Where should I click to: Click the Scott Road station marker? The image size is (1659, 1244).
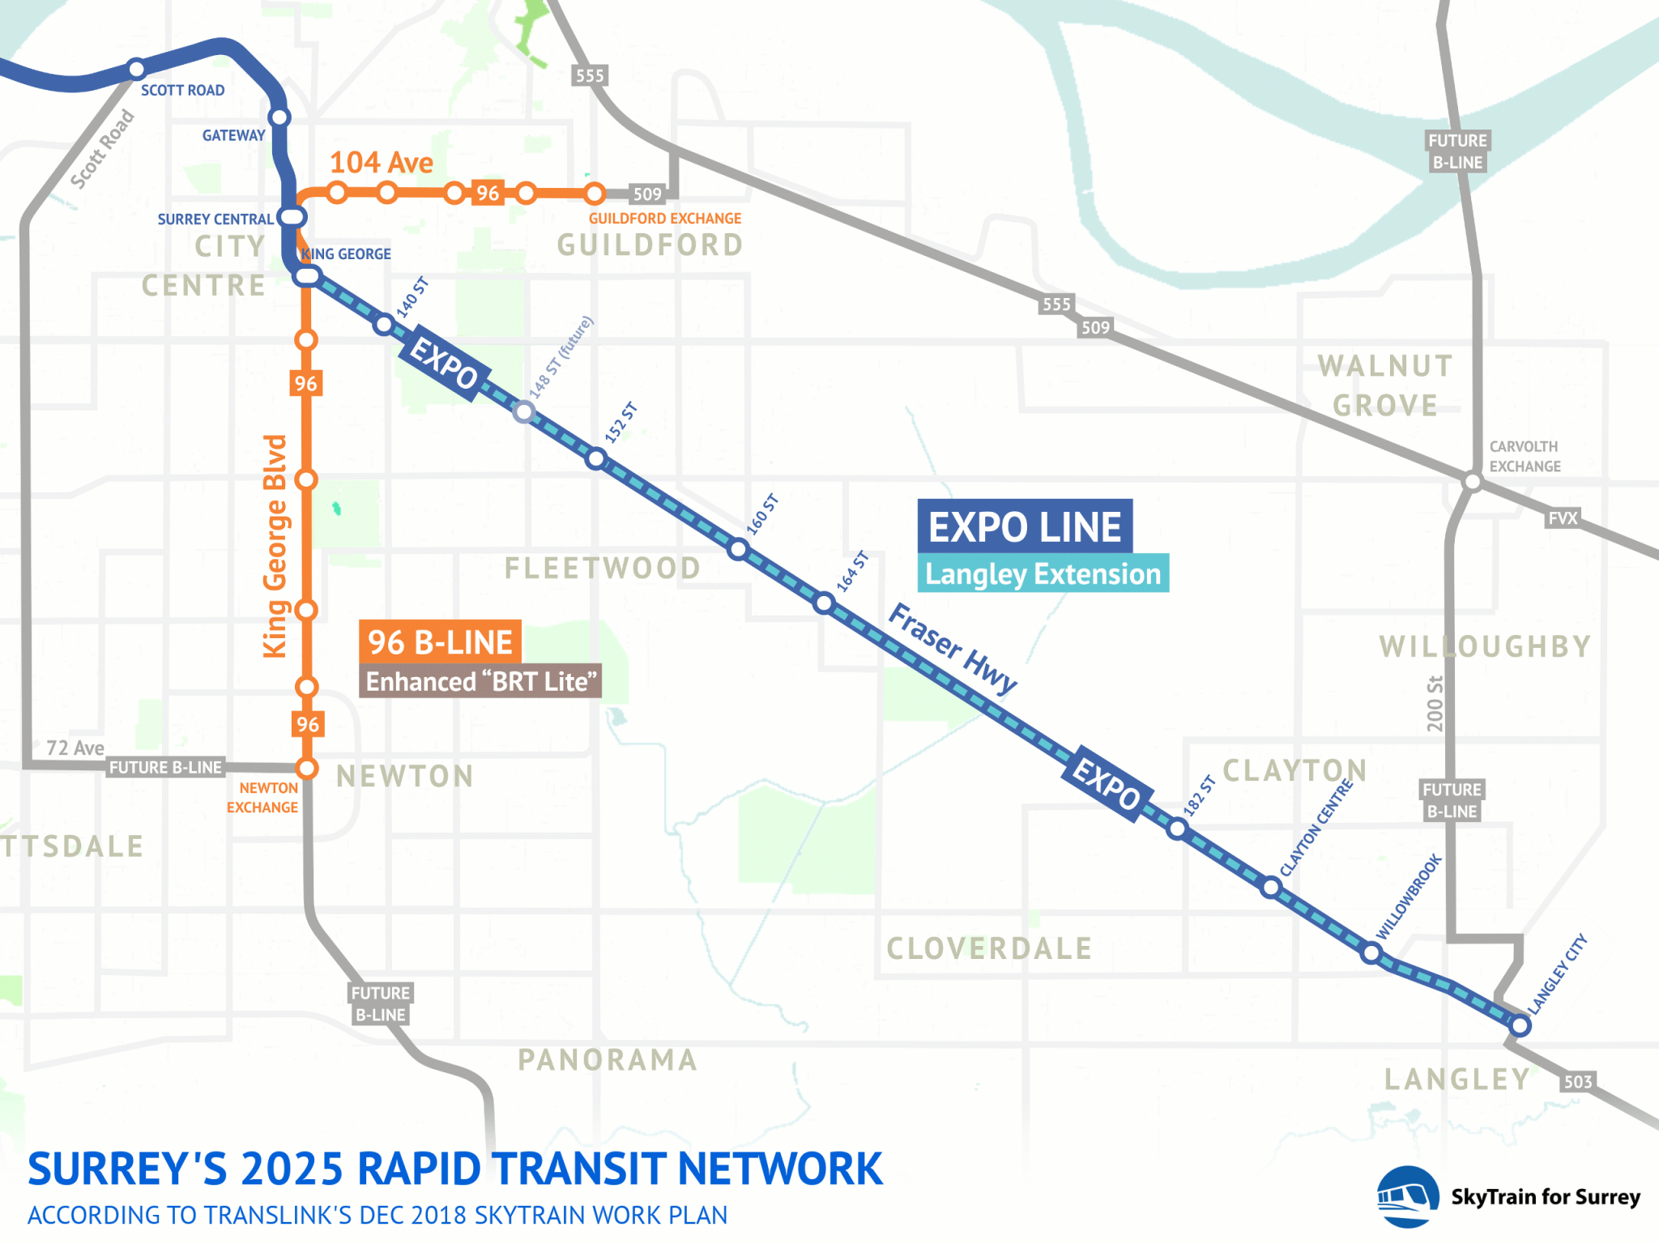pos(137,68)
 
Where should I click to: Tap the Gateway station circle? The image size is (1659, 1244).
pos(279,117)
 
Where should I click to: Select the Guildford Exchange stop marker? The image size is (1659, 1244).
pos(595,194)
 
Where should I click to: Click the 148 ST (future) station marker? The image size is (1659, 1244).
pos(524,412)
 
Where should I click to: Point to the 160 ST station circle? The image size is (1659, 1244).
pos(738,550)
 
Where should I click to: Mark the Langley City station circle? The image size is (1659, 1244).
pos(1520,1025)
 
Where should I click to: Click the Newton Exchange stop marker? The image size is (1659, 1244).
pos(306,768)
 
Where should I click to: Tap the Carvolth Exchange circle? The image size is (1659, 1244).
pos(1473,482)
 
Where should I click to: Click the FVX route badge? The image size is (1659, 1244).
pos(1563,518)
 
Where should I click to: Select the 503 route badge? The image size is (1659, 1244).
pos(1577,1081)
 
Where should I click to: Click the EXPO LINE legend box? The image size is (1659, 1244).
pos(1025,526)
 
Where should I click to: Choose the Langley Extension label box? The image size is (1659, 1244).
pos(1043,573)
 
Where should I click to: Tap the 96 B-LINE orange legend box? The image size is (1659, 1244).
pos(440,642)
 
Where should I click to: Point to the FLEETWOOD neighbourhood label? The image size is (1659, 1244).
pos(603,568)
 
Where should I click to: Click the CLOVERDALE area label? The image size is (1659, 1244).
pos(989,948)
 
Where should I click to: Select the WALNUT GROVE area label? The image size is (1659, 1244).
pos(1385,386)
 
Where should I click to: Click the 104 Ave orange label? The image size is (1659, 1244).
pos(381,162)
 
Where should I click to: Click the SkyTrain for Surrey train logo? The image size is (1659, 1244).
pos(1407,1196)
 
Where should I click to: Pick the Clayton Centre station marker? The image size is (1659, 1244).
pos(1271,888)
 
